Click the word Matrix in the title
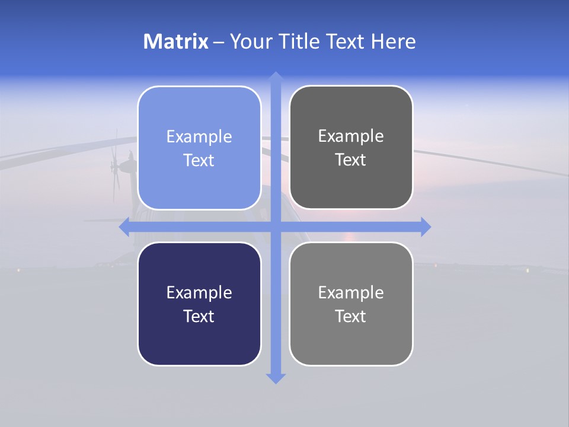tap(175, 42)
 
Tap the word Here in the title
tap(393, 42)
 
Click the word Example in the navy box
tap(199, 292)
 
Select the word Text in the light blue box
tap(199, 161)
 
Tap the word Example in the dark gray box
tap(351, 136)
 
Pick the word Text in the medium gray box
tap(351, 316)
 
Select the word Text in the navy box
tap(199, 316)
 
